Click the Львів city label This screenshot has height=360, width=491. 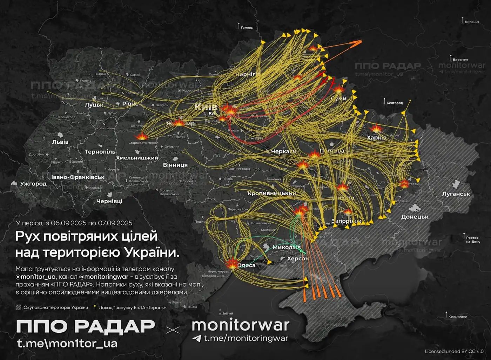[60, 142]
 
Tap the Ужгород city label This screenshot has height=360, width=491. [33, 184]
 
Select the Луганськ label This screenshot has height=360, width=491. [456, 194]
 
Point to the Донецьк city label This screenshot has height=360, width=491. [415, 217]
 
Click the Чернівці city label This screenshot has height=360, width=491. [109, 201]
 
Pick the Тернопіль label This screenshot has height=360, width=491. [100, 152]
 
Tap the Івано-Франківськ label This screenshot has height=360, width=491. [78, 177]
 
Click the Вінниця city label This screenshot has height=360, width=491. [175, 165]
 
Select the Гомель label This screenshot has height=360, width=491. [247, 28]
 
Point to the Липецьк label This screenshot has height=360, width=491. [472, 22]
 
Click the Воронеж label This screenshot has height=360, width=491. [460, 60]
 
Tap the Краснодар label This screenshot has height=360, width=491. [457, 316]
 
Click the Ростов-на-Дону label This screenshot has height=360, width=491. [473, 240]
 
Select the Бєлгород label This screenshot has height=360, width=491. [395, 103]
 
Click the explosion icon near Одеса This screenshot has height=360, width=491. [232, 264]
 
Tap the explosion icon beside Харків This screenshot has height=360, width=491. [376, 128]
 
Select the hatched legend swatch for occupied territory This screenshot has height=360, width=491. [18, 307]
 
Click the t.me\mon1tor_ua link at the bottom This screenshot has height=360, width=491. [67, 343]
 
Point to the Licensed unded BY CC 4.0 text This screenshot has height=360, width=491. [454, 351]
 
